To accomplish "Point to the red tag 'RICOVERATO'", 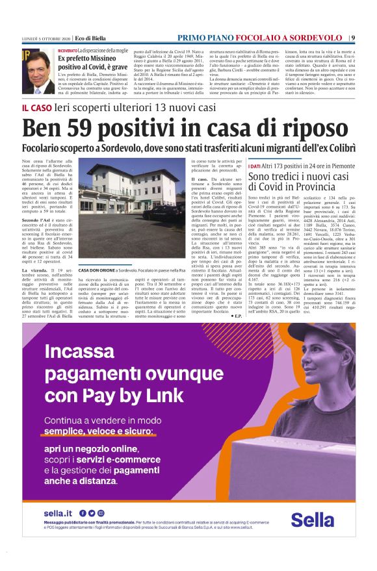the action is tap(67, 50).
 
